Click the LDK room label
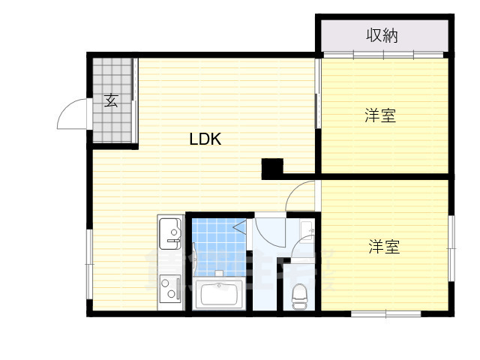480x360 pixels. (204, 139)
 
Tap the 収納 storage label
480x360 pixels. (382, 34)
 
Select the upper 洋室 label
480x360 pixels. (380, 115)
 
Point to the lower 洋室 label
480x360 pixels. (383, 246)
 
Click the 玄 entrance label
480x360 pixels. (111, 100)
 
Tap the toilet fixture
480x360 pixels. (300, 295)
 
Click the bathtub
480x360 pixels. (218, 293)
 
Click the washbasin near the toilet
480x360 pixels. (307, 229)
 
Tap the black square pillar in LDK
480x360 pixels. (271, 169)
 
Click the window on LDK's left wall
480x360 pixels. (89, 256)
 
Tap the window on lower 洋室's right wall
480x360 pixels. (451, 249)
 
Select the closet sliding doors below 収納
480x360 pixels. (383, 55)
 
